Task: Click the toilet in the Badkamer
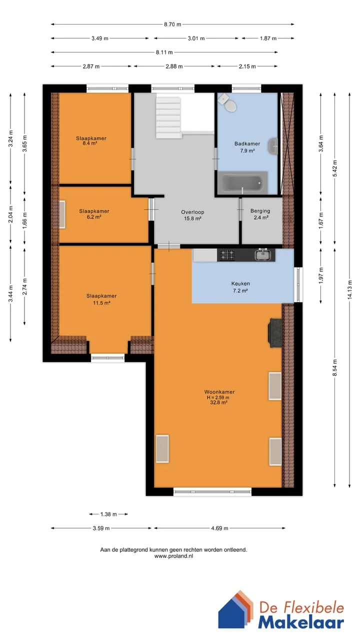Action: pyautogui.click(x=227, y=103)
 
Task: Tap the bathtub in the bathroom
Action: pyautogui.click(x=242, y=182)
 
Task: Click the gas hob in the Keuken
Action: pyautogui.click(x=226, y=255)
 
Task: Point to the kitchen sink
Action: pyautogui.click(x=263, y=254)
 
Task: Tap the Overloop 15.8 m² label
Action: pyautogui.click(x=192, y=215)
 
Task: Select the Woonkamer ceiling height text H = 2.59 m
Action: pyautogui.click(x=218, y=397)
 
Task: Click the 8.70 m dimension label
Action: pyautogui.click(x=172, y=24)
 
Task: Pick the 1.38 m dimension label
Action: pyautogui.click(x=108, y=514)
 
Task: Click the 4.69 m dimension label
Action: pyautogui.click(x=219, y=528)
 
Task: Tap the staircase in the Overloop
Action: pyautogui.click(x=168, y=117)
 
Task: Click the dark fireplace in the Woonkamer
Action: pyautogui.click(x=274, y=333)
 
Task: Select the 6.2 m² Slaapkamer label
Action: pyautogui.click(x=94, y=214)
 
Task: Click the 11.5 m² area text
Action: pyautogui.click(x=101, y=303)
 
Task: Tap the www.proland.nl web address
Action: pyautogui.click(x=173, y=556)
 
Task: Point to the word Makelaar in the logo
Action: pyautogui.click(x=301, y=622)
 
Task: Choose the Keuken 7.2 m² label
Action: pyautogui.click(x=240, y=287)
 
